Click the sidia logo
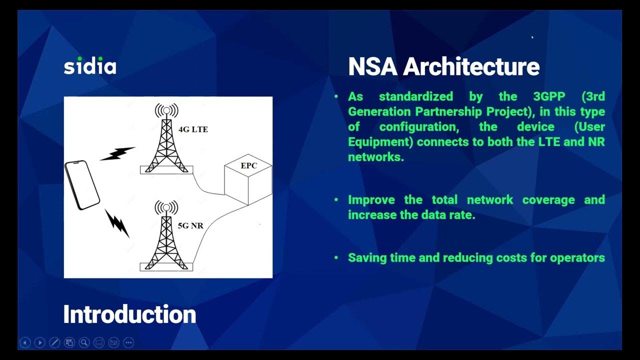tap(90, 66)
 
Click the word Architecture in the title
tap(471, 66)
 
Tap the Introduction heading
tap(129, 314)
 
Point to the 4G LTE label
tap(193, 129)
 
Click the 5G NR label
tap(190, 225)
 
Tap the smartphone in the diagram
tap(82, 185)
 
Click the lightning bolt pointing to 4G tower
tap(118, 153)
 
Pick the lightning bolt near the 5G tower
tap(117, 222)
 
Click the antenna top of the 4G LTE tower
tap(166, 110)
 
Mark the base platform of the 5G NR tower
tap(166, 266)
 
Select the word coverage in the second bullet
tap(548, 200)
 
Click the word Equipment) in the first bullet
tap(380, 142)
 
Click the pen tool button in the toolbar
tap(54, 342)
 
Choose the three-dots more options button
tap(128, 342)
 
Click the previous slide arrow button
tap(25, 342)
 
